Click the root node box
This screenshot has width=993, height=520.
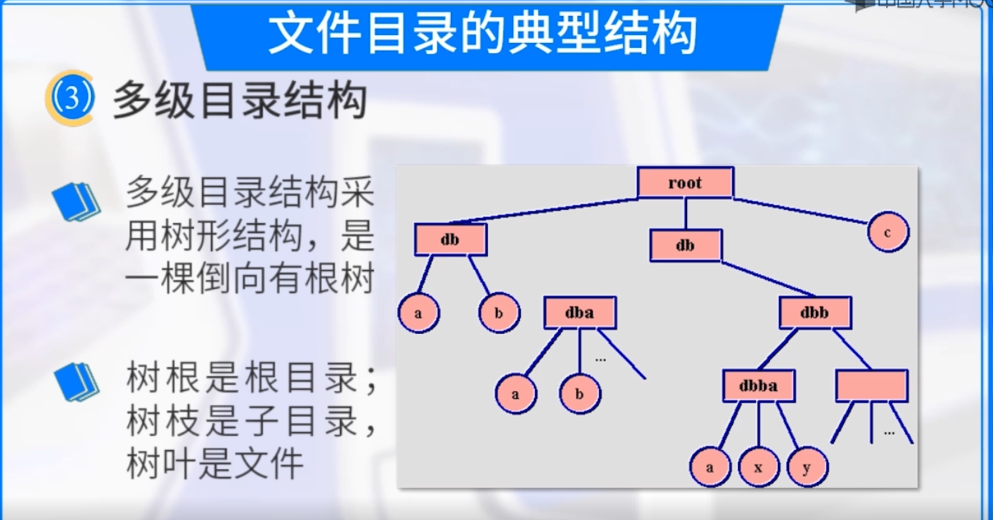click(685, 182)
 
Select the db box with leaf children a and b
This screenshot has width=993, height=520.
click(450, 240)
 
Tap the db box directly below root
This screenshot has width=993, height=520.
click(686, 246)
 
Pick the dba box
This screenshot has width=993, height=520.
click(580, 313)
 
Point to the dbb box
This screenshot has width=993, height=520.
click(815, 314)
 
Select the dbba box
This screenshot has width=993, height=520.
click(758, 386)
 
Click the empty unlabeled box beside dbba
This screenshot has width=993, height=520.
click(871, 386)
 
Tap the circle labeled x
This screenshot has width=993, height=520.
click(758, 467)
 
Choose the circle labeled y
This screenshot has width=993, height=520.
click(806, 467)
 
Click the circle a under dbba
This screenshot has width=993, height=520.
click(710, 467)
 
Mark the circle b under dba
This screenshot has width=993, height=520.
click(580, 395)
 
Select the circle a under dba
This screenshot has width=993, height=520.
click(516, 395)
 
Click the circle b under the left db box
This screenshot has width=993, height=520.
click(499, 313)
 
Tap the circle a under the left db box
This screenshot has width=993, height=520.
click(418, 313)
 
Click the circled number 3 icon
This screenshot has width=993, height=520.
click(71, 100)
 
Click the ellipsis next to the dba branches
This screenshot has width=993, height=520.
click(601, 359)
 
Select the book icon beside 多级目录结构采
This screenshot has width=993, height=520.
click(76, 201)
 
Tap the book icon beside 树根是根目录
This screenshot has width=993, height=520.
click(76, 381)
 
